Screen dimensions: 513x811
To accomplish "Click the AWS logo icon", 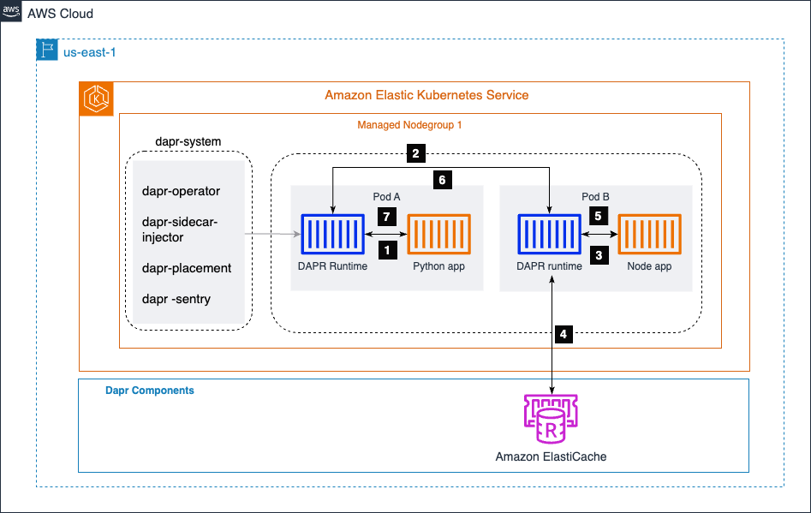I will (x=12, y=13).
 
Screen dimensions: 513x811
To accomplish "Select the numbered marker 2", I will (x=414, y=154).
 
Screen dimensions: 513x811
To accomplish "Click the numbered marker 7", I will (x=386, y=217).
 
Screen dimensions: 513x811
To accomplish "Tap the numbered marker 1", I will (x=386, y=250).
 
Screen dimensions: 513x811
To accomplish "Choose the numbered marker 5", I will (x=599, y=217).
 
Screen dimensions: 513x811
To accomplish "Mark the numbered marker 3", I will (x=599, y=254).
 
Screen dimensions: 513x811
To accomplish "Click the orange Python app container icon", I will (x=438, y=233).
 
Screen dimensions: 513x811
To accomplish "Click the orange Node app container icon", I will (x=649, y=233).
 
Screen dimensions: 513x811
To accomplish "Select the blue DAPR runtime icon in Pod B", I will (x=549, y=233).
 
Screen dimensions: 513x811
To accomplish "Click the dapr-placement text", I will (x=187, y=268).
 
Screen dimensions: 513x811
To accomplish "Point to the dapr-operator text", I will (x=182, y=191).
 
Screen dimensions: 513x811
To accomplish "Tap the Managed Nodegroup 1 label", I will (x=409, y=125).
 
